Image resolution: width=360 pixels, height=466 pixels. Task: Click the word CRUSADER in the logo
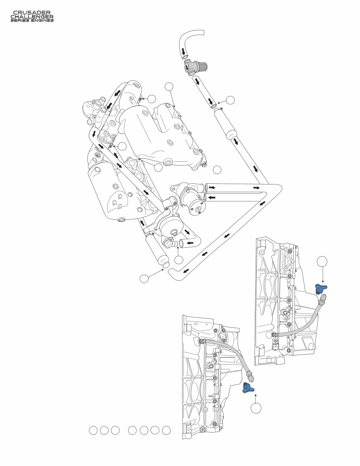click(32, 13)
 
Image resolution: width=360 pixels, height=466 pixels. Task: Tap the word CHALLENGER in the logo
click(32, 17)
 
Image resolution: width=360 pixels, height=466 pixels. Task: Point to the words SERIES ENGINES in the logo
click(32, 20)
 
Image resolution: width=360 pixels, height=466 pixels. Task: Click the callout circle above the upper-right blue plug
click(323, 262)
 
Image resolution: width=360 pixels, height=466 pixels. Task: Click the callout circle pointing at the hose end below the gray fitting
click(230, 100)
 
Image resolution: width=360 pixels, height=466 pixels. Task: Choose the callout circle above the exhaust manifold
click(169, 87)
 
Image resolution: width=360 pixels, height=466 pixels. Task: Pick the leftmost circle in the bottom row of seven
click(93, 431)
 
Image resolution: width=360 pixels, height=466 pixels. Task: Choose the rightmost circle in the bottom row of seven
click(166, 431)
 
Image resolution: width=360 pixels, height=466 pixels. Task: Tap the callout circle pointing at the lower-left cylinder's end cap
click(144, 278)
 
